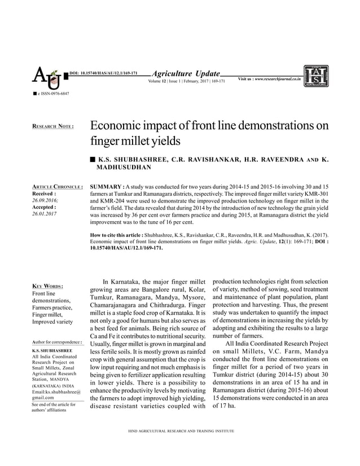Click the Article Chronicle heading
click(58, 187)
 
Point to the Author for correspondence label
click(58, 342)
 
